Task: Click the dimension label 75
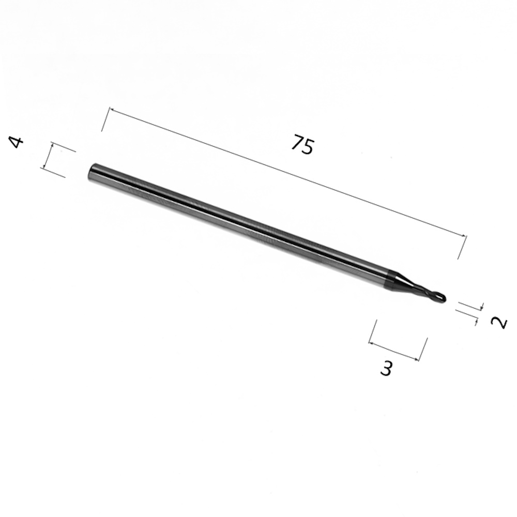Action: [302, 144]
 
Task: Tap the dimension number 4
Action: [17, 143]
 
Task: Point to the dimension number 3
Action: [386, 368]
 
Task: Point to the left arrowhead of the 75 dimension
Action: [112, 110]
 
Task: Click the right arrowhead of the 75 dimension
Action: [464, 235]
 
